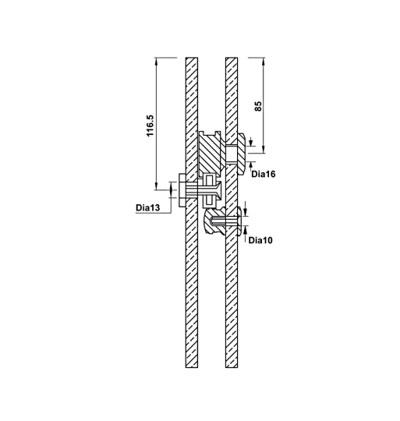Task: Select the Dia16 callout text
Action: [264, 174]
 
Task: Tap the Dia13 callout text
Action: [148, 208]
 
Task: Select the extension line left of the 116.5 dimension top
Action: [168, 57]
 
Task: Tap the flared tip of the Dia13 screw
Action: [221, 189]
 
